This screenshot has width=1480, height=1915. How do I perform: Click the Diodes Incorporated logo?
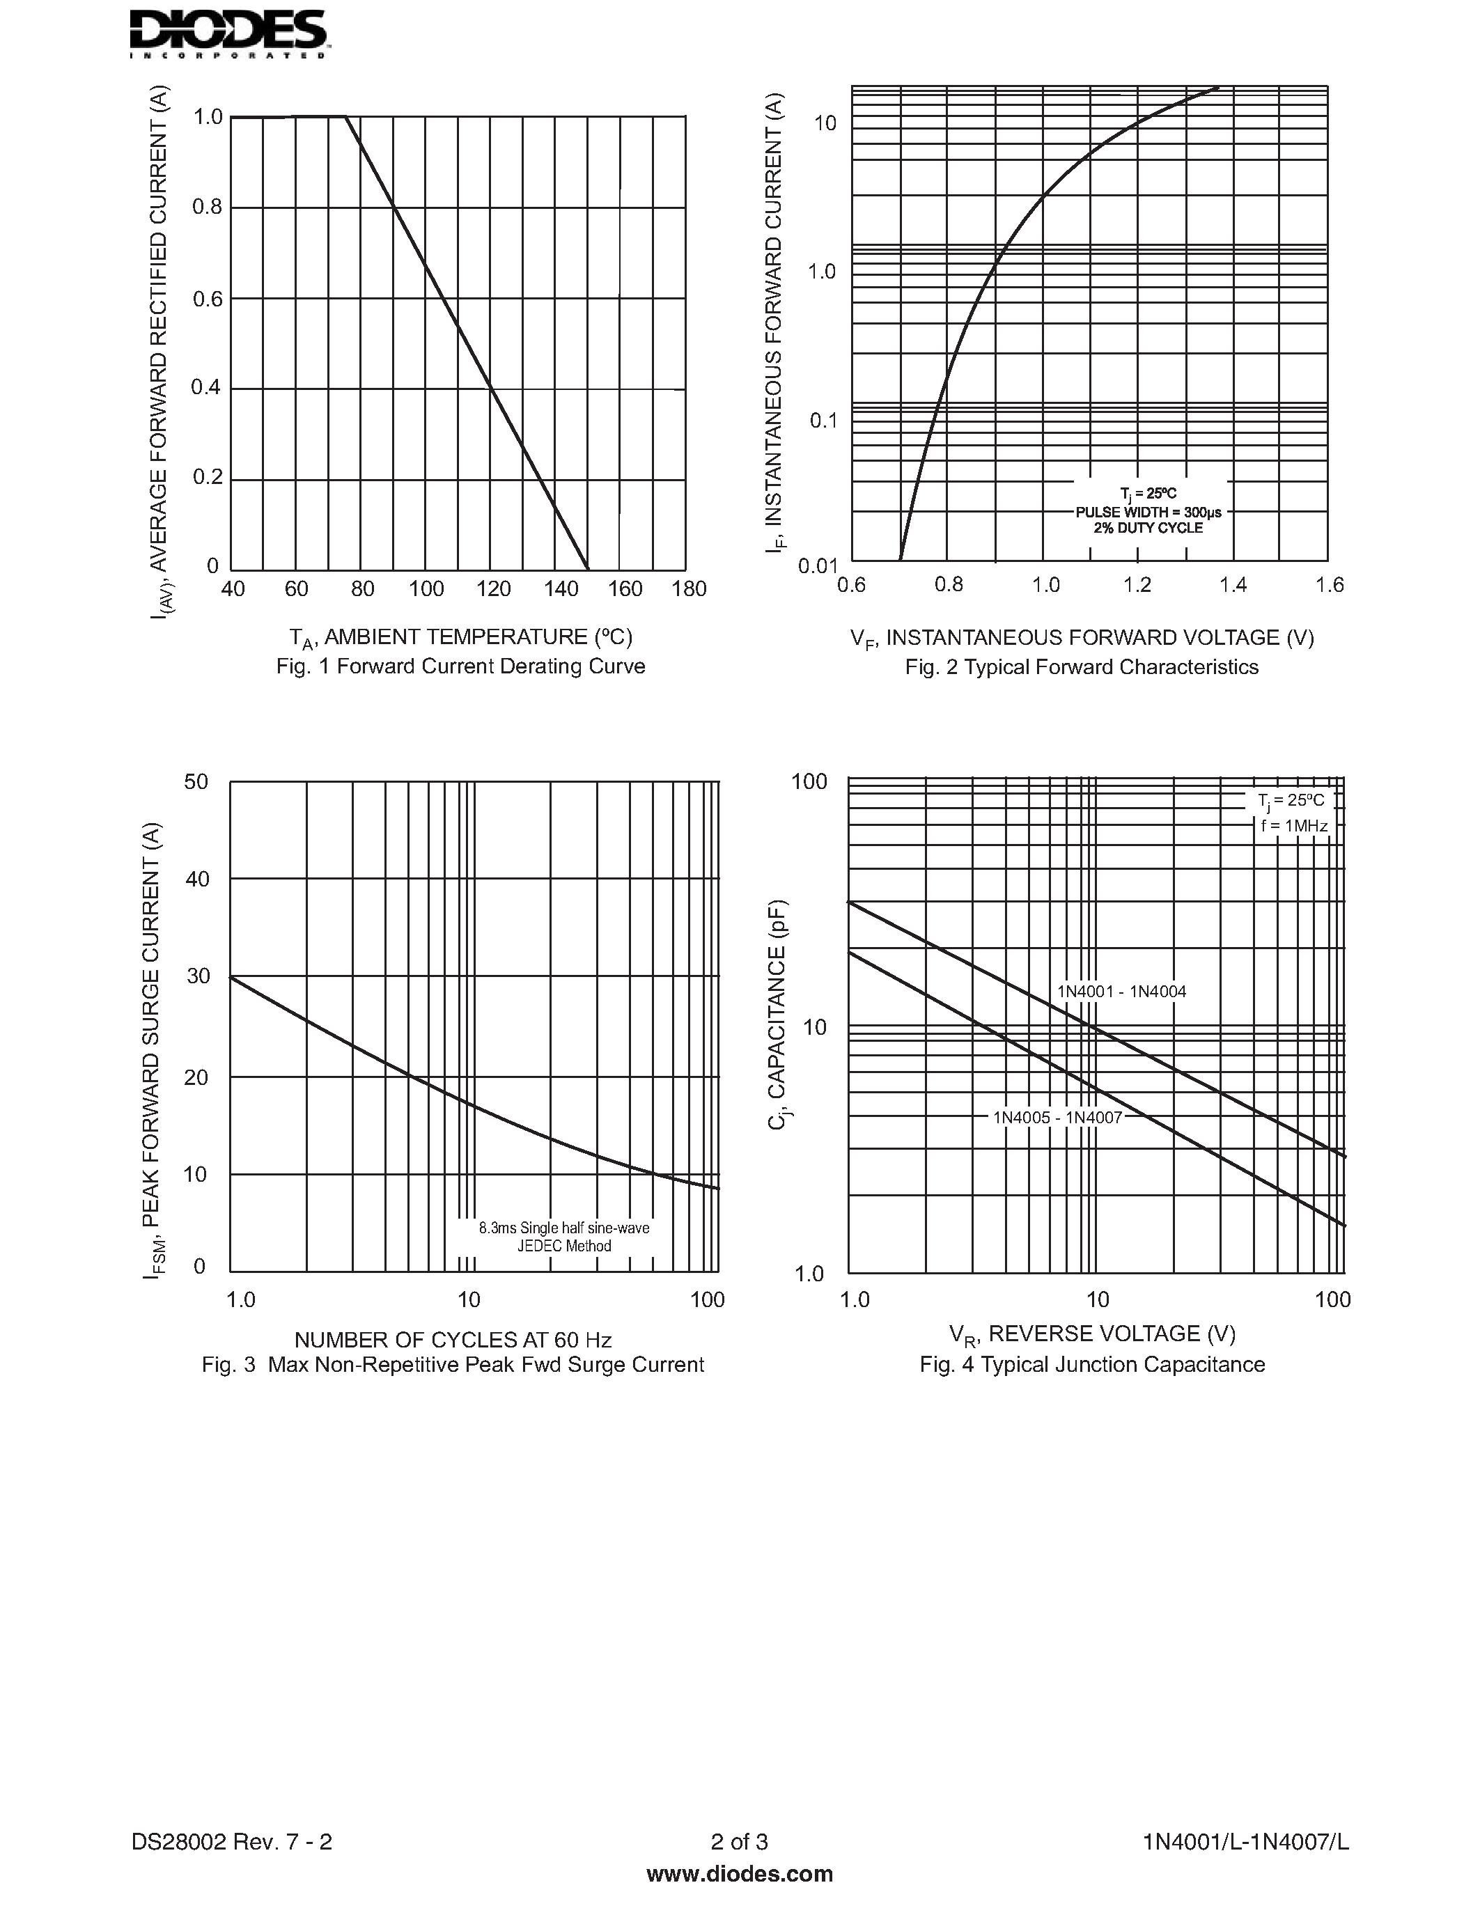(228, 33)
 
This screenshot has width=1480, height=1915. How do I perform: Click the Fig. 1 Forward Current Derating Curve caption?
(460, 666)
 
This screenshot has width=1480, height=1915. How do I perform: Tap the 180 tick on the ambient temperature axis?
(689, 589)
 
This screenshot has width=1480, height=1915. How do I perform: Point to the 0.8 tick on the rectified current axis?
(208, 208)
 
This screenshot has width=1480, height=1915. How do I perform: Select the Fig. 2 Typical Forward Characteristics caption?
(1081, 667)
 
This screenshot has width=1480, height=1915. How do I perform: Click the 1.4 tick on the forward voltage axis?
(1233, 585)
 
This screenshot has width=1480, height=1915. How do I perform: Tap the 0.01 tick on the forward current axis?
(818, 565)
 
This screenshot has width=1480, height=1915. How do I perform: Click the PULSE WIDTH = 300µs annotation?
(1148, 512)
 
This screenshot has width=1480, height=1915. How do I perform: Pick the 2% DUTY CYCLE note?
(1148, 529)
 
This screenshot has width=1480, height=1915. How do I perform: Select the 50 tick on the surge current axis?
(196, 781)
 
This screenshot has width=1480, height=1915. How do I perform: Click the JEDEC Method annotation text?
(563, 1246)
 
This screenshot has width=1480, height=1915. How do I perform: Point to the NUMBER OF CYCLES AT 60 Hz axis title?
(453, 1340)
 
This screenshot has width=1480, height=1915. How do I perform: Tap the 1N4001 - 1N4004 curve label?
(1121, 992)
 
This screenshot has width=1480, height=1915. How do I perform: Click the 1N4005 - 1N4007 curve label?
(1057, 1117)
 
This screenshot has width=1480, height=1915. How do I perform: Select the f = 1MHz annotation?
(1294, 826)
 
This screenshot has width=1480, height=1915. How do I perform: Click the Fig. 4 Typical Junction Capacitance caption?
(1091, 1364)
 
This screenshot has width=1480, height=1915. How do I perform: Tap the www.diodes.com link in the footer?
(739, 1874)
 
